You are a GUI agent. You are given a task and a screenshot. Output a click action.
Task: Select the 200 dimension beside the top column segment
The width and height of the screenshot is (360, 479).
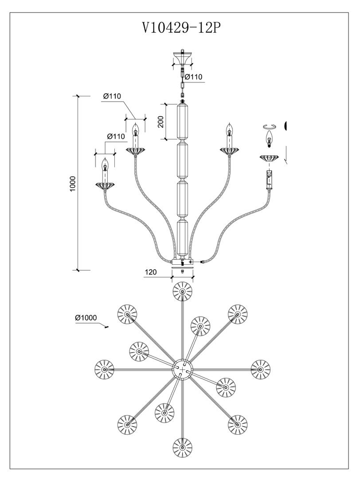[x=161, y=122]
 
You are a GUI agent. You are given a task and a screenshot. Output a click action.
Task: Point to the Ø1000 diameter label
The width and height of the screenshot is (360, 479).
[x=86, y=318]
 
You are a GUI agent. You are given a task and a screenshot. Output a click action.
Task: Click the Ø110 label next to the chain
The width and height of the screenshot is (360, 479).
[x=193, y=77]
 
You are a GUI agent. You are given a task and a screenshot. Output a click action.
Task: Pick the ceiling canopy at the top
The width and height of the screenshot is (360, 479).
[x=182, y=57]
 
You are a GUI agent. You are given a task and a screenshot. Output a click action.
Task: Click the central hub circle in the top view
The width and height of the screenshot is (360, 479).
[x=183, y=369]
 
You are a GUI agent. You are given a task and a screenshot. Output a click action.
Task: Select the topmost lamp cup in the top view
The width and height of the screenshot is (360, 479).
[x=182, y=291]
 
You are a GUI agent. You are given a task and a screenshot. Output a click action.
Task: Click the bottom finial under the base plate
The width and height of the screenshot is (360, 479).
[x=182, y=271]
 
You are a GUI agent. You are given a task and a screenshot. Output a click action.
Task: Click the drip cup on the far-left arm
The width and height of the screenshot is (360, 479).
[x=105, y=186]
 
